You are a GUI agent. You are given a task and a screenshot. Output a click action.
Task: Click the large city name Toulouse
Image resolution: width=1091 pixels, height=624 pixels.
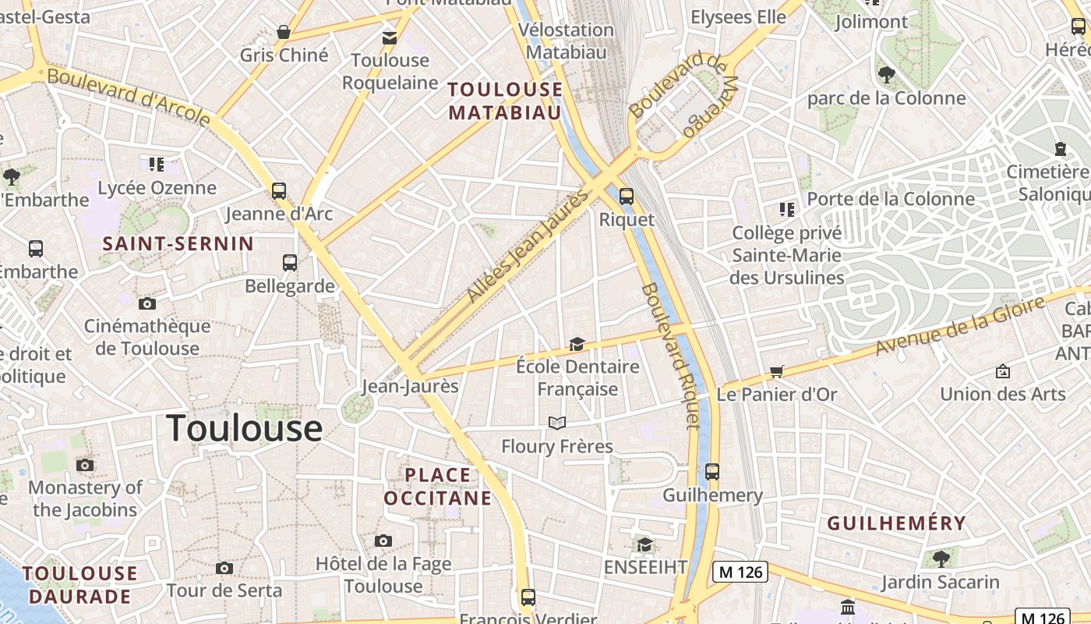pyautogui.click(x=244, y=428)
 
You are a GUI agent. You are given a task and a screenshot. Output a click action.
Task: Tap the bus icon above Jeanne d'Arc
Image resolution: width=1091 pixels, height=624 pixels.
pyautogui.click(x=278, y=190)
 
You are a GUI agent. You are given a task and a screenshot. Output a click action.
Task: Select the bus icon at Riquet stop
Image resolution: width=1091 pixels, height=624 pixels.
pyautogui.click(x=626, y=197)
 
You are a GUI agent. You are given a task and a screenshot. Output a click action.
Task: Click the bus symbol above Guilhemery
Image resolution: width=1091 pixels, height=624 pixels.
pyautogui.click(x=711, y=471)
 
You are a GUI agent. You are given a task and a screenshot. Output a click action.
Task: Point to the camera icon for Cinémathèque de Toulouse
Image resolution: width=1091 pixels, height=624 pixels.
pyautogui.click(x=147, y=303)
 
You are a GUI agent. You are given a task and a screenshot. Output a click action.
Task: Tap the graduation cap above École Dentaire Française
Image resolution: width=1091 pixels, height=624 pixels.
pyautogui.click(x=577, y=344)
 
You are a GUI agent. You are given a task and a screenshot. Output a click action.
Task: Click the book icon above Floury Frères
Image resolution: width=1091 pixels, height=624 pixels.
pyautogui.click(x=556, y=424)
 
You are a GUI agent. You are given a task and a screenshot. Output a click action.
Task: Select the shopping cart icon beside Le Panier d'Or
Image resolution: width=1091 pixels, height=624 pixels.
pyautogui.click(x=776, y=371)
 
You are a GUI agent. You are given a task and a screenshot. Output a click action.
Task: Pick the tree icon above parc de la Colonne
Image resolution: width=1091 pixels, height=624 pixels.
pyautogui.click(x=886, y=75)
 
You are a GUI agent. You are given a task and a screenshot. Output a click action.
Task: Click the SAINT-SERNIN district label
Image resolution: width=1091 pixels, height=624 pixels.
pyautogui.click(x=178, y=243)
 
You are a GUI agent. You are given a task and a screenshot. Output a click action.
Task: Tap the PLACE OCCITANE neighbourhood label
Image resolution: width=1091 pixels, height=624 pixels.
pyautogui.click(x=438, y=486)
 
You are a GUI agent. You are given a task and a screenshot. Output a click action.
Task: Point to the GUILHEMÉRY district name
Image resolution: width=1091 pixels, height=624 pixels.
pyautogui.click(x=896, y=523)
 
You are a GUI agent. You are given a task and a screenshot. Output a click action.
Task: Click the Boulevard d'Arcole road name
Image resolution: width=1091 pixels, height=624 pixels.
pyautogui.click(x=129, y=97)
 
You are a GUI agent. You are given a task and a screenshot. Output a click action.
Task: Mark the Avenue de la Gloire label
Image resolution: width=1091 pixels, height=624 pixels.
pyautogui.click(x=959, y=326)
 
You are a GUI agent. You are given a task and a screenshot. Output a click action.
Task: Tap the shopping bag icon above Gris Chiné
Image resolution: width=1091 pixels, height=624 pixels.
pyautogui.click(x=284, y=33)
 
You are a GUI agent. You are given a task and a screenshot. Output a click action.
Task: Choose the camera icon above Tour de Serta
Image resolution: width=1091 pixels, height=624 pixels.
pyautogui.click(x=224, y=568)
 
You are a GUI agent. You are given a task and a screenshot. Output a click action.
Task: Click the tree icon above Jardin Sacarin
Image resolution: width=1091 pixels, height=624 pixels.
pyautogui.click(x=941, y=558)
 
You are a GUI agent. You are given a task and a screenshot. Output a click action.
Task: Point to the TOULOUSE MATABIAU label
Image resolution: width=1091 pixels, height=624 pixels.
pyautogui.click(x=505, y=101)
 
